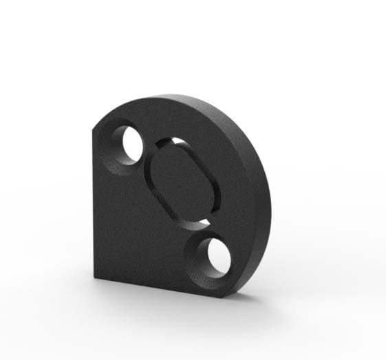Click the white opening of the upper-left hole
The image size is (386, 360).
(132, 144)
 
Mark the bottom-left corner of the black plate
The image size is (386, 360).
(96, 277)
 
